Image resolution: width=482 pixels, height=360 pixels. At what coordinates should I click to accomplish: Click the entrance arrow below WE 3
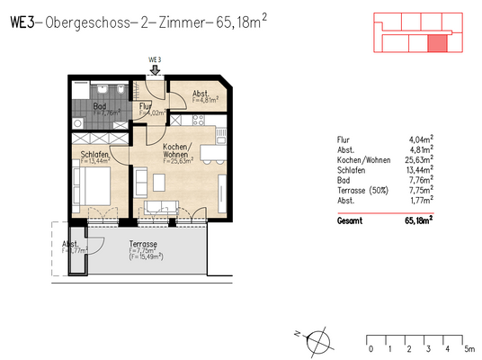pos(155,69)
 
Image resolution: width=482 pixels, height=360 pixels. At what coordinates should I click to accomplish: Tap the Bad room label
pos(101,106)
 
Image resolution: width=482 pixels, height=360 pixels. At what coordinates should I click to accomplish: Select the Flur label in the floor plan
pos(144,106)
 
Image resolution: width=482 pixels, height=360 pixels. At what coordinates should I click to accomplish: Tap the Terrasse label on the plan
pos(143,245)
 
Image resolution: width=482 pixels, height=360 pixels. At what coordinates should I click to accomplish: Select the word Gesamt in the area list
pos(349,219)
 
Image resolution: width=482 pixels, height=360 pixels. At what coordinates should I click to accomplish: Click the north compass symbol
pos(317,340)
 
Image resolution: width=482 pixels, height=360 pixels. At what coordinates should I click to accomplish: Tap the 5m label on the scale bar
pos(469,348)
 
